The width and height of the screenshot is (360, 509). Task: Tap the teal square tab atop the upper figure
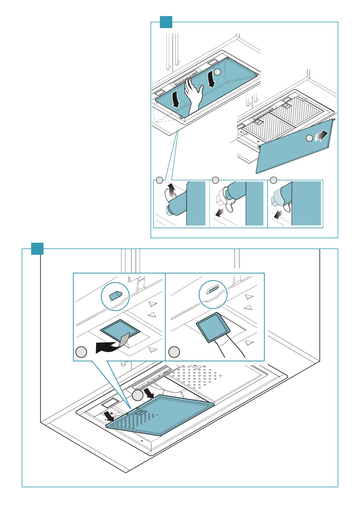(x=166, y=22)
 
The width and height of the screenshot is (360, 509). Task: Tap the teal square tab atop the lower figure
(x=37, y=249)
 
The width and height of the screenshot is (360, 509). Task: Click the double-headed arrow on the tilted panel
(x=321, y=136)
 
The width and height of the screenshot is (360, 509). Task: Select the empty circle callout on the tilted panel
(x=309, y=138)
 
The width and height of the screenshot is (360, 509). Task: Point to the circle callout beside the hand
(x=218, y=72)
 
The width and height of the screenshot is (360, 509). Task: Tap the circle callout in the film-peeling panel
(x=81, y=352)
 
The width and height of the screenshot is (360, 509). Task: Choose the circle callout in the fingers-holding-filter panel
(x=174, y=352)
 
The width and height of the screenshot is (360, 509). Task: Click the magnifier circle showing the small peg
(x=115, y=296)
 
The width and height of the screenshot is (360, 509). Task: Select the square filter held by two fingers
(x=213, y=328)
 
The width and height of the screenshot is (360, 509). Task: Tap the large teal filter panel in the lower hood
(x=169, y=414)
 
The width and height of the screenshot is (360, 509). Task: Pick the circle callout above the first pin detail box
(x=160, y=180)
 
